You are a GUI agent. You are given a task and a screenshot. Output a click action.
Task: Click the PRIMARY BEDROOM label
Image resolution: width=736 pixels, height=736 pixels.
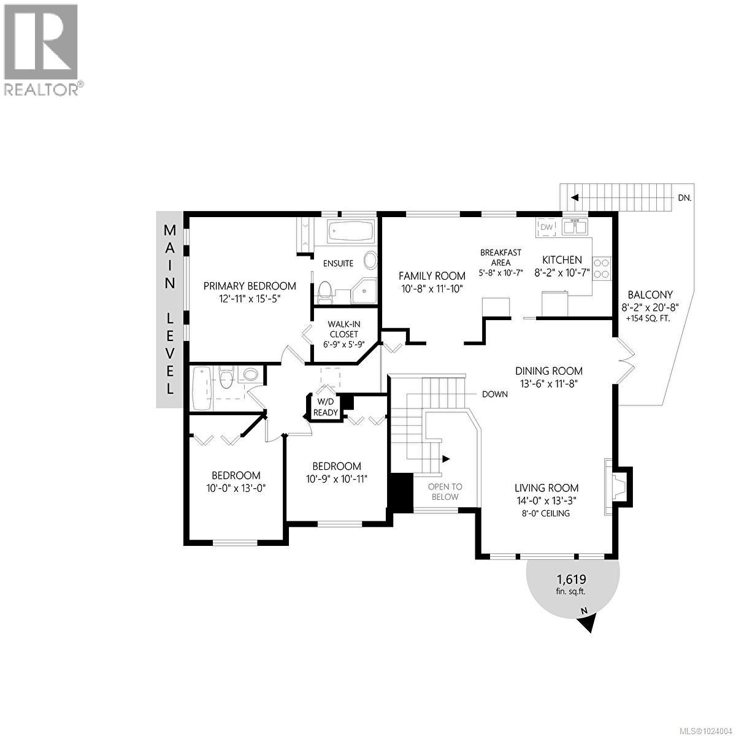click(250, 286)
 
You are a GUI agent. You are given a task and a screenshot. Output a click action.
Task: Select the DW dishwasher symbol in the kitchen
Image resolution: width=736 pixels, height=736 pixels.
click(547, 228)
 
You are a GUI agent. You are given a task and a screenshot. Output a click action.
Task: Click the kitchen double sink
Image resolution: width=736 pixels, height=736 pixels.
click(575, 227)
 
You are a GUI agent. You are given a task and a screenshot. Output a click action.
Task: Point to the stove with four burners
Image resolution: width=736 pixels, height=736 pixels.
click(602, 267)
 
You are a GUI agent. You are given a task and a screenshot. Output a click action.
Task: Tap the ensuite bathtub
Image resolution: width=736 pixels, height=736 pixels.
click(350, 232)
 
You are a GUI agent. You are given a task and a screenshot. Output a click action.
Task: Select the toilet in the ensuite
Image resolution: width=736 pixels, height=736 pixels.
click(325, 291)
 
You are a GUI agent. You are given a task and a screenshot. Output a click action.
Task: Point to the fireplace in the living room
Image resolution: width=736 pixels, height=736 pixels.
click(615, 486)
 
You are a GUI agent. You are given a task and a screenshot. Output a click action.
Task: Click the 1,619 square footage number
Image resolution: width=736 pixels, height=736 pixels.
click(571, 579)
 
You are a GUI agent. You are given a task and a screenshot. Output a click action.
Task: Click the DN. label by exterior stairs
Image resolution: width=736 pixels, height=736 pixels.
click(686, 198)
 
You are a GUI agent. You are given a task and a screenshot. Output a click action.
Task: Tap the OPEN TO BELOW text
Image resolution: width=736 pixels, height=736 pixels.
click(445, 491)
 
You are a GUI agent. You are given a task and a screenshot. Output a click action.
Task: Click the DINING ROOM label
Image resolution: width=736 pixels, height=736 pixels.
click(548, 370)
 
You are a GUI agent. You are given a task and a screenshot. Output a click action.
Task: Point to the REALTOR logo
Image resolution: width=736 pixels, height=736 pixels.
click(42, 49)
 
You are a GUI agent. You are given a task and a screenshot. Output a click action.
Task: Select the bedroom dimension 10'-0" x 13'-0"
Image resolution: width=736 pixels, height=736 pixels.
click(236, 488)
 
